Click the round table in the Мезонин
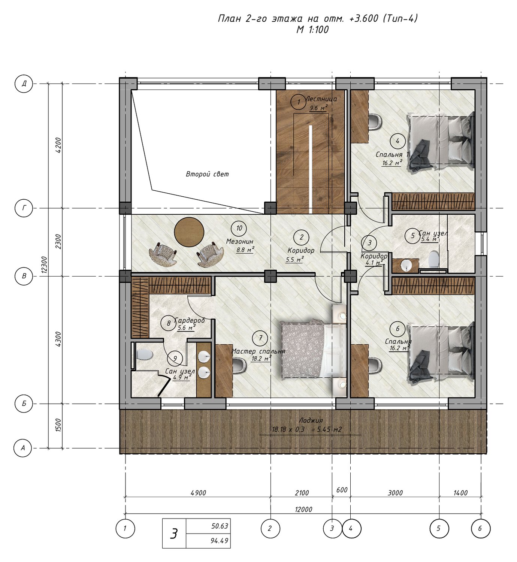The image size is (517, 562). click(189, 232)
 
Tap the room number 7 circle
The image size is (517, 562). click(260, 338)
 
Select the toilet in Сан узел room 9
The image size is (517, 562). click(145, 355)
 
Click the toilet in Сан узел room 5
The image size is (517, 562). click(434, 259)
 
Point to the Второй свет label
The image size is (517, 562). click(207, 174)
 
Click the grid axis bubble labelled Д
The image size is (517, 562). click(24, 84)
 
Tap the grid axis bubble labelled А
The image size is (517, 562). click(23, 448)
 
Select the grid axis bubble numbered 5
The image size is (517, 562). click(439, 529)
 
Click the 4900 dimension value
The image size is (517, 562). click(199, 493)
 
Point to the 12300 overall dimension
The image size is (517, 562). click(44, 265)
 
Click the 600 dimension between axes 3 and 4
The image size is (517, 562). click(342, 490)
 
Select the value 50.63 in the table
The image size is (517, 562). click(220, 526)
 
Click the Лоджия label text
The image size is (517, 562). click(311, 420)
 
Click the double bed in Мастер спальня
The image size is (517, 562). click(314, 350)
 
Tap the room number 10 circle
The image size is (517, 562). click(239, 228)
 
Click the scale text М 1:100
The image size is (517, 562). click(312, 30)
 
